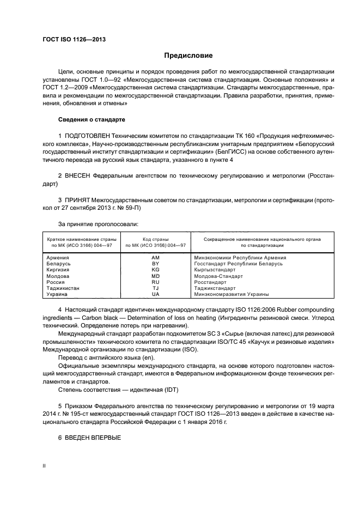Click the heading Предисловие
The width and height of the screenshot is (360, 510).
pyautogui.click(x=188, y=56)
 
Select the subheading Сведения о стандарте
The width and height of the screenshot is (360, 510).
pyautogui.click(x=91, y=119)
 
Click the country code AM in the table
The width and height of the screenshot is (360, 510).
pyautogui.click(x=155, y=257)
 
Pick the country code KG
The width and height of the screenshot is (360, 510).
pyautogui.click(x=155, y=269)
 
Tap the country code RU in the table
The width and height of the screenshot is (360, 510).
pyautogui.click(x=155, y=282)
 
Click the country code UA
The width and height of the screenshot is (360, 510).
pyautogui.click(x=155, y=294)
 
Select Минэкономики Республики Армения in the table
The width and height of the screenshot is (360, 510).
pyautogui.click(x=240, y=257)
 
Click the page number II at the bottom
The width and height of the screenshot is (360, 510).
pyautogui.click(x=45, y=466)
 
